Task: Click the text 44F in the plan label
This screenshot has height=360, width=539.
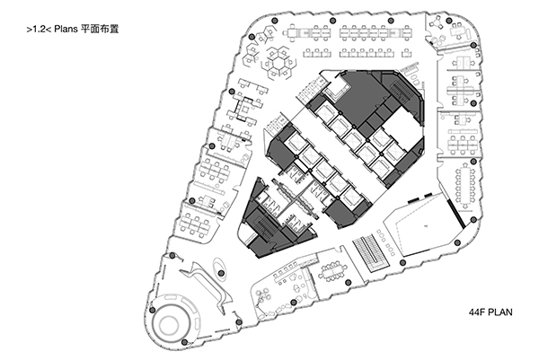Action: click(x=476, y=312)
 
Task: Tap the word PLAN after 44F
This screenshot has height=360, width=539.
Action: click(x=499, y=312)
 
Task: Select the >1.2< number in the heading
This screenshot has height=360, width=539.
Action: click(x=39, y=30)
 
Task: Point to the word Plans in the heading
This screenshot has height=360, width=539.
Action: click(x=66, y=30)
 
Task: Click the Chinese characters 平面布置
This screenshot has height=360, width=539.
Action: click(x=100, y=29)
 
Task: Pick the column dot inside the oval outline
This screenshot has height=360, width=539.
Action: click(x=222, y=273)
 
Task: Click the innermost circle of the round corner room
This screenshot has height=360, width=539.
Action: click(x=169, y=323)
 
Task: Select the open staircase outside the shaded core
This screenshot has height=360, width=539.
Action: click(x=370, y=252)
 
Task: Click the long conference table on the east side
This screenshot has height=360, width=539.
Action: click(x=464, y=188)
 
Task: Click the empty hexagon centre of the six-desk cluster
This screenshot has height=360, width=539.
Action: click(x=278, y=62)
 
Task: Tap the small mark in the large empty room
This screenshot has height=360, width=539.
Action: click(x=425, y=225)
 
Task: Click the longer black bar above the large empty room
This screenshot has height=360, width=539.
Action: click(x=413, y=200)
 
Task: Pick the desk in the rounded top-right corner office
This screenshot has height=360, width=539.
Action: click(x=460, y=32)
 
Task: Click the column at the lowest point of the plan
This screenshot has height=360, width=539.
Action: click(x=184, y=342)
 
